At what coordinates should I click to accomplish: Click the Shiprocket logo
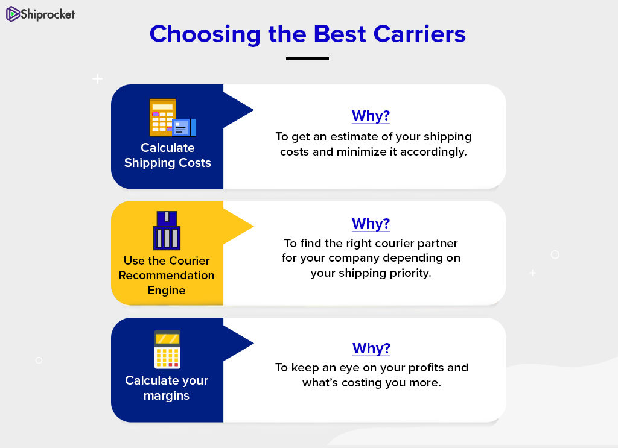[40, 14]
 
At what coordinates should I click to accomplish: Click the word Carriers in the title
[419, 34]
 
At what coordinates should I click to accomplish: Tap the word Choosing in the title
[205, 34]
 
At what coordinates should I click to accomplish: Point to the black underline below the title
[307, 58]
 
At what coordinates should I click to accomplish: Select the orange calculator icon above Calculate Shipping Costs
[172, 118]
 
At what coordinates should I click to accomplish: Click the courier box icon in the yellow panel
[167, 230]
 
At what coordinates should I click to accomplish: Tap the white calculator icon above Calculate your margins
[168, 349]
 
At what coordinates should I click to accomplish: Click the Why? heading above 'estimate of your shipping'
[371, 116]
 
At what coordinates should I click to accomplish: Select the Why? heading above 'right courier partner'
[371, 224]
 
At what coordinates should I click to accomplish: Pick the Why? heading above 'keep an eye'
[371, 349]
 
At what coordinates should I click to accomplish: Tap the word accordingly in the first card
[433, 153]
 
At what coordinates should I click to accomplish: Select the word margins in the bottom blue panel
[167, 396]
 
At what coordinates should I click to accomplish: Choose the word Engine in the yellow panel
[167, 291]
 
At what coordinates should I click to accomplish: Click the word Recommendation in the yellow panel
[167, 275]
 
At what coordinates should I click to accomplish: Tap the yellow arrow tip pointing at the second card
[253, 226]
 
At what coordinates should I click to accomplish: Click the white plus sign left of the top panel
[97, 79]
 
